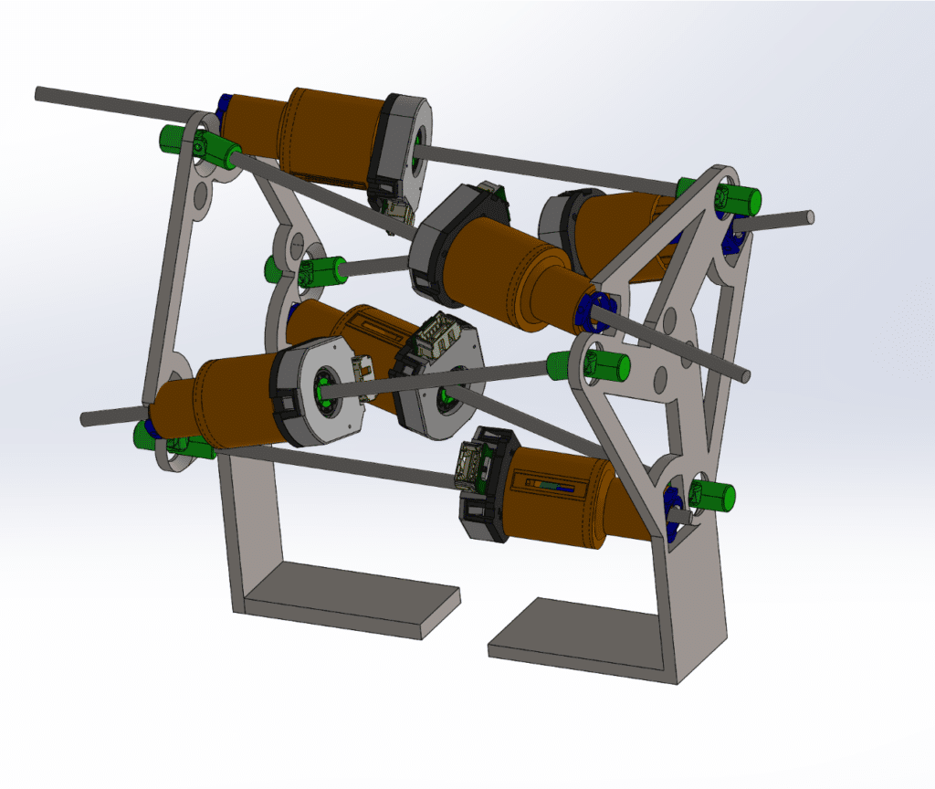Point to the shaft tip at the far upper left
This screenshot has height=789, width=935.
pos(40,92)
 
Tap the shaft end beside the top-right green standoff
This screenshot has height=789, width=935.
pos(807,216)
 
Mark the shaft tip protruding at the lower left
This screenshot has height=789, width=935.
pos(87,418)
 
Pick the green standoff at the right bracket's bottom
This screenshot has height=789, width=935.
pos(716,496)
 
